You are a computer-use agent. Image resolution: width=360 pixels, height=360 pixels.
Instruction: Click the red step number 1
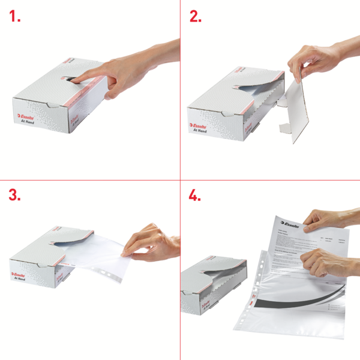click(x=15, y=17)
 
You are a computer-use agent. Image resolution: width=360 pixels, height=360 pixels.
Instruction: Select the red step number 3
click(x=15, y=196)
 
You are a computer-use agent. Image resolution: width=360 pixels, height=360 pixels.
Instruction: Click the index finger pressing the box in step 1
click(x=90, y=76)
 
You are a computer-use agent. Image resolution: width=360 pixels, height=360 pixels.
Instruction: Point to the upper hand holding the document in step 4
click(x=330, y=219)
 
